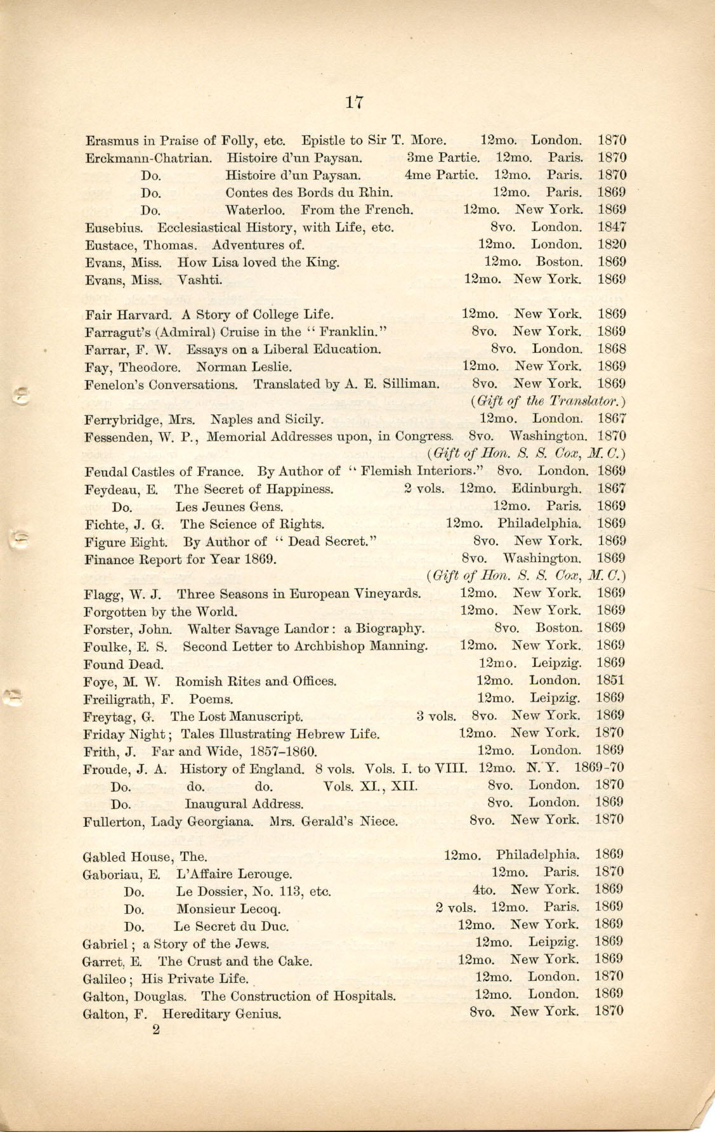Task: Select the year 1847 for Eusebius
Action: tap(612, 227)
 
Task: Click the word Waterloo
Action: tap(256, 209)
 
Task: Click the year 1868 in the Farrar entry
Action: tap(612, 349)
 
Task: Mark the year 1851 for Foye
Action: tap(611, 681)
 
